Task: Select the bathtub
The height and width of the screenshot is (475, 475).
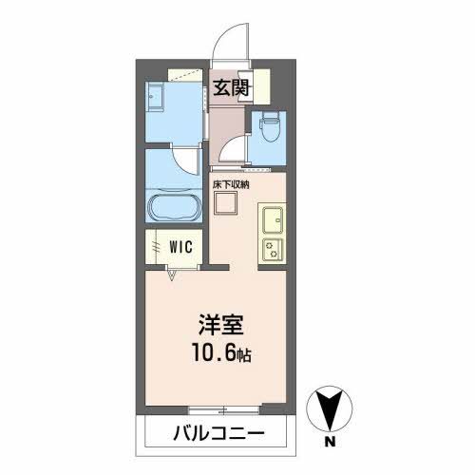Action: coord(173,209)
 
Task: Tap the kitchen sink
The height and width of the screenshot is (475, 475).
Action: coord(273,219)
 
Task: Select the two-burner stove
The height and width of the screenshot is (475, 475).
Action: coord(273,251)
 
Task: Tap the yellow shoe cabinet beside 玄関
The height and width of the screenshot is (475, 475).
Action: coord(262,86)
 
